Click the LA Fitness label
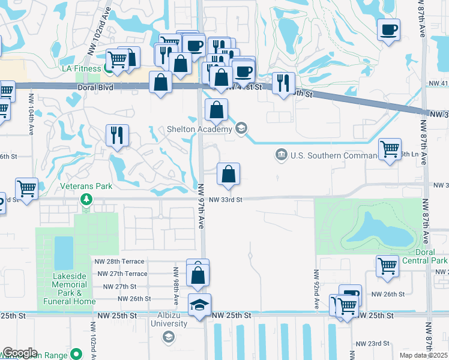tap(82, 68)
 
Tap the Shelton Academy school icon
tap(241, 127)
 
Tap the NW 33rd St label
tap(225, 199)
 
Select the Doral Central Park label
tap(423, 257)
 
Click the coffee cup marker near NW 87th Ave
tap(388, 29)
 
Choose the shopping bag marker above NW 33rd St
tap(228, 175)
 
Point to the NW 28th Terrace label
tap(119, 262)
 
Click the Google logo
tap(19, 353)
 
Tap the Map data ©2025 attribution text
tap(423, 355)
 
